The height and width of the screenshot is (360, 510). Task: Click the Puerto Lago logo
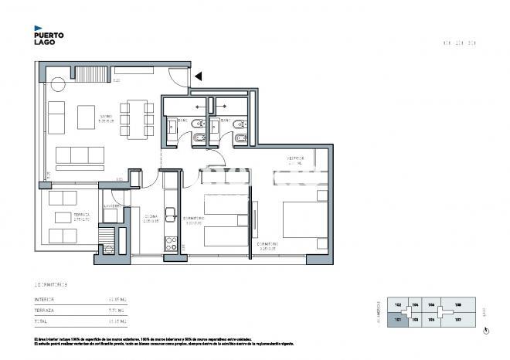49,38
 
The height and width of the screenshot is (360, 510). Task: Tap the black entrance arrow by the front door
199,76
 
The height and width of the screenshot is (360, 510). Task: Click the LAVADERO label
114,206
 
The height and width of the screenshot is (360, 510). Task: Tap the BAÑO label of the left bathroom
183,121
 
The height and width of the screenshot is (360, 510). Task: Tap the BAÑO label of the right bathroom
226,121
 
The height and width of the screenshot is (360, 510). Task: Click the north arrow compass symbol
484,330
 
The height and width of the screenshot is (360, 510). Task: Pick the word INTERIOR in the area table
44,297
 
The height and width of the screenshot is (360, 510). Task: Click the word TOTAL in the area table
41,320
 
